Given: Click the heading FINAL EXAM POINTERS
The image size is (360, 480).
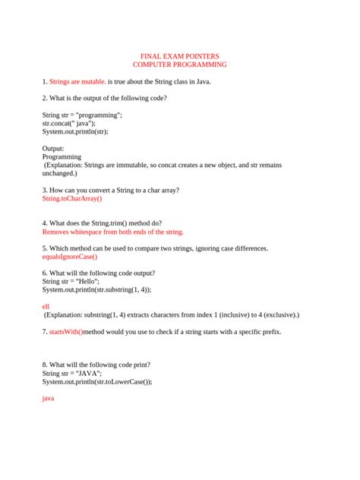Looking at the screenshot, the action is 179,56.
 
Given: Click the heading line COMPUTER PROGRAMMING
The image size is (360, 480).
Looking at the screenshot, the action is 179,65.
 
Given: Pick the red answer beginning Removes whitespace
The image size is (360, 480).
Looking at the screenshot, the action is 112,232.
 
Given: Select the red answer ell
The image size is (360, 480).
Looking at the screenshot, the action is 46,305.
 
